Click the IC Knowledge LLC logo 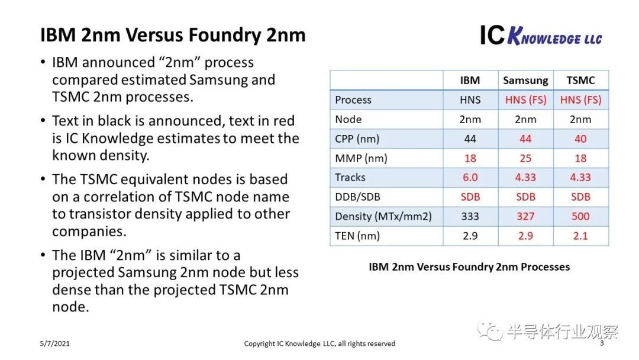pyautogui.click(x=540, y=36)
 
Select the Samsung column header pyautogui.click(x=525, y=81)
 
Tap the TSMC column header pyautogui.click(x=580, y=81)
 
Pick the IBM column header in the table pyautogui.click(x=470, y=81)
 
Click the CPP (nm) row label pyautogui.click(x=357, y=139)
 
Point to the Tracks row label pyautogui.click(x=350, y=178)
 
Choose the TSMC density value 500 pyautogui.click(x=580, y=217)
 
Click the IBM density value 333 pyautogui.click(x=470, y=217)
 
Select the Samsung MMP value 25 pyautogui.click(x=525, y=158)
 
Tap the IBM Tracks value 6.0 pyautogui.click(x=470, y=178)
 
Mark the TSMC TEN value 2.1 pyautogui.click(x=580, y=236)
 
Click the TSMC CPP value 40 pyautogui.click(x=580, y=139)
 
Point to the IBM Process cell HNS pyautogui.click(x=470, y=100)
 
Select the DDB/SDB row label pyautogui.click(x=357, y=197)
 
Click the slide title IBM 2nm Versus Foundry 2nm pyautogui.click(x=173, y=36)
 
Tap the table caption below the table pyautogui.click(x=469, y=267)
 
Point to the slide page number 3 pyautogui.click(x=602, y=343)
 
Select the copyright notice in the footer pyautogui.click(x=319, y=343)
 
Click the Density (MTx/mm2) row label pyautogui.click(x=383, y=217)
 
